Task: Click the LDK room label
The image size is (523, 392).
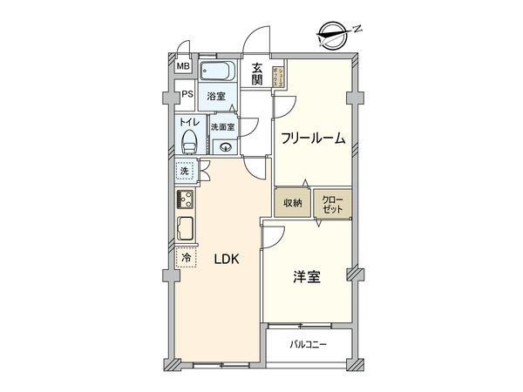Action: point(217,260)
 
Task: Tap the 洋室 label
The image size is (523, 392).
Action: point(306,277)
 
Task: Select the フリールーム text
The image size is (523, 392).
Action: point(314,139)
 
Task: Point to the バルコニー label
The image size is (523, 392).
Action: point(309,344)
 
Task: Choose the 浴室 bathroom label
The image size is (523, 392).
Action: point(215,98)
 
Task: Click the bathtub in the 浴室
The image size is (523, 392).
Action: point(221,71)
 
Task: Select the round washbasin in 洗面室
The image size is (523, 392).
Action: point(226,147)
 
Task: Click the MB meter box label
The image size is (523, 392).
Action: point(184,66)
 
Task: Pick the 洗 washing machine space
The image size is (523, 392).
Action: point(185,172)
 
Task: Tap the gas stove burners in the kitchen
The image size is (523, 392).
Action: point(186,200)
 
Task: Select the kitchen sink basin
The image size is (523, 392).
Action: point(186,230)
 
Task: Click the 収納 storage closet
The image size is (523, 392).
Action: point(292,203)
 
